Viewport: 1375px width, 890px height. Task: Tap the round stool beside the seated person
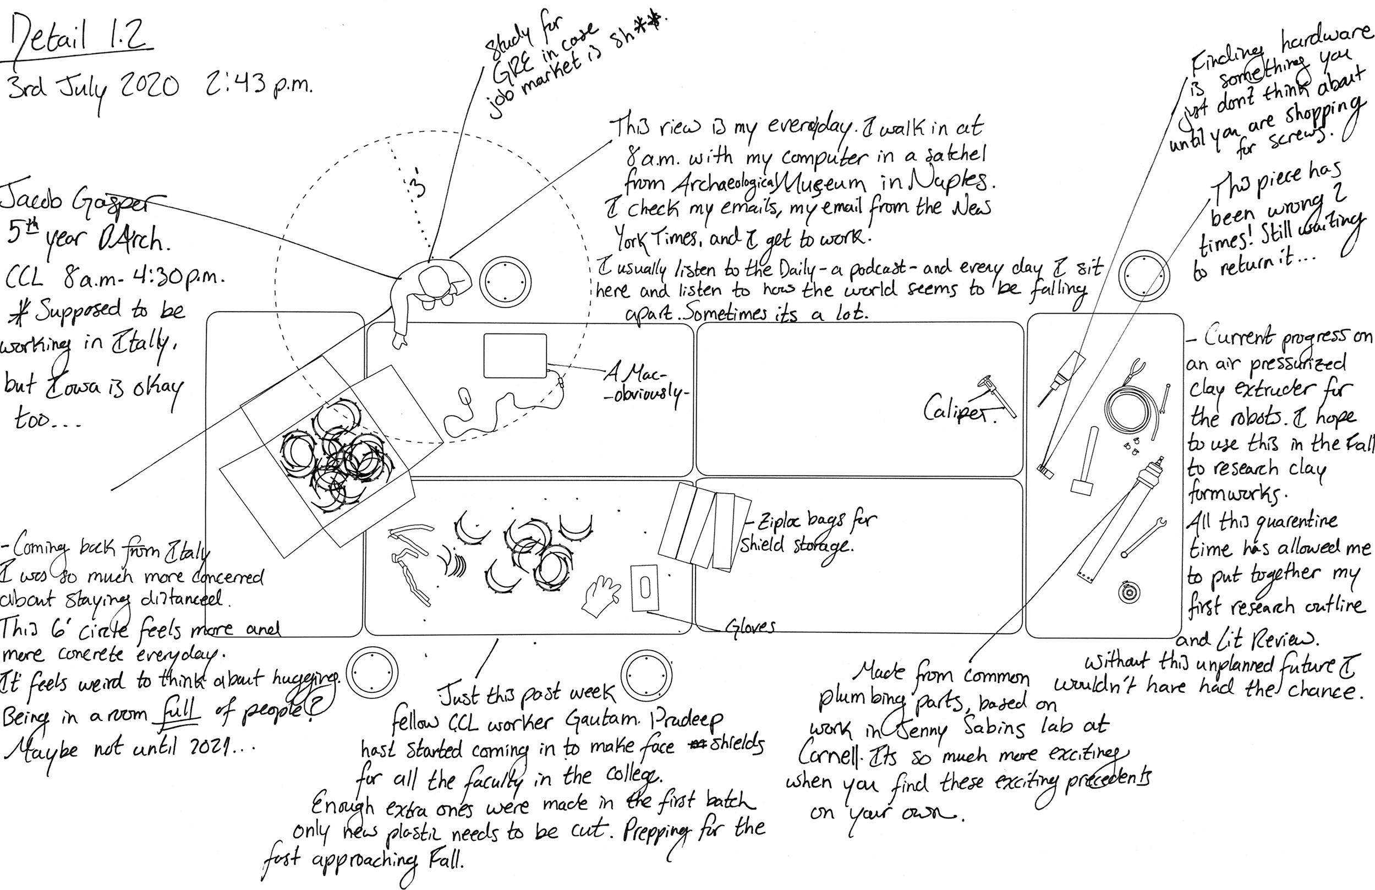506,281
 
